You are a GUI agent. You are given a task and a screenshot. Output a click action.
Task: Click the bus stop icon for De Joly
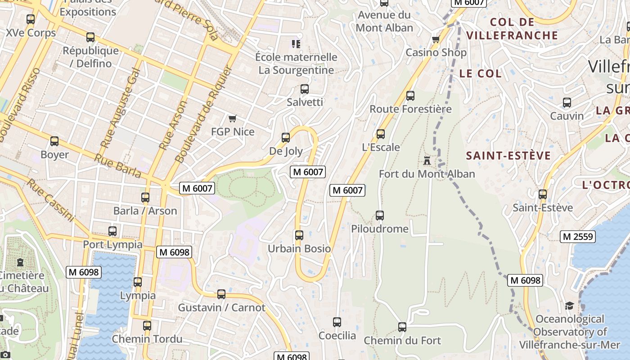[x=286, y=138]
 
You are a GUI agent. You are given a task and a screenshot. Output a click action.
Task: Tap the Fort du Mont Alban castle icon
[x=427, y=160]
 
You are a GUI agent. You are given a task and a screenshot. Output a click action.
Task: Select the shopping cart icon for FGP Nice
[x=232, y=119]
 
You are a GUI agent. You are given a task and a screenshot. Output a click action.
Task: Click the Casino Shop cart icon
[x=436, y=40]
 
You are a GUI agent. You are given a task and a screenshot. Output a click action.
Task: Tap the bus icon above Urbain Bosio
[x=299, y=235]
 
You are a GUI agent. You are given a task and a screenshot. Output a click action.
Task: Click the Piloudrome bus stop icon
[x=380, y=216]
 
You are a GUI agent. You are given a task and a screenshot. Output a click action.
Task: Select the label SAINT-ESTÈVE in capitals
[x=508, y=156]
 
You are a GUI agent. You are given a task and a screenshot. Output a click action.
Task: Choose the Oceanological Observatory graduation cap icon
[x=569, y=306]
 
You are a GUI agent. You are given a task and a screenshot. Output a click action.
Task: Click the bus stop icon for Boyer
[x=54, y=141]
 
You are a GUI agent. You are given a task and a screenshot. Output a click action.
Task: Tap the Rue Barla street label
[x=118, y=165]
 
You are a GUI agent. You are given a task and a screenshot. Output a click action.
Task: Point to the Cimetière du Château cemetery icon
[x=20, y=262]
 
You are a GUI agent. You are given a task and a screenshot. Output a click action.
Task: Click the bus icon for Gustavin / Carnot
[x=221, y=294]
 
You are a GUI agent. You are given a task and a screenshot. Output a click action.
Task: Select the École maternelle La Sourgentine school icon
[x=296, y=44]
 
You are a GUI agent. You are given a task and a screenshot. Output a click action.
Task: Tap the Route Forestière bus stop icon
[x=410, y=95]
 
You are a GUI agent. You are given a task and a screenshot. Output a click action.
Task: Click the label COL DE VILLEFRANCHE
[x=512, y=28]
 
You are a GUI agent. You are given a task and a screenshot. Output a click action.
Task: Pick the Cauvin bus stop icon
[x=567, y=103]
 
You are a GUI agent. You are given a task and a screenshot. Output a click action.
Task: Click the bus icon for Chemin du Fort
[x=402, y=327]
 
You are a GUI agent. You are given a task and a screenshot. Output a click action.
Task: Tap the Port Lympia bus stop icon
[x=112, y=231]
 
